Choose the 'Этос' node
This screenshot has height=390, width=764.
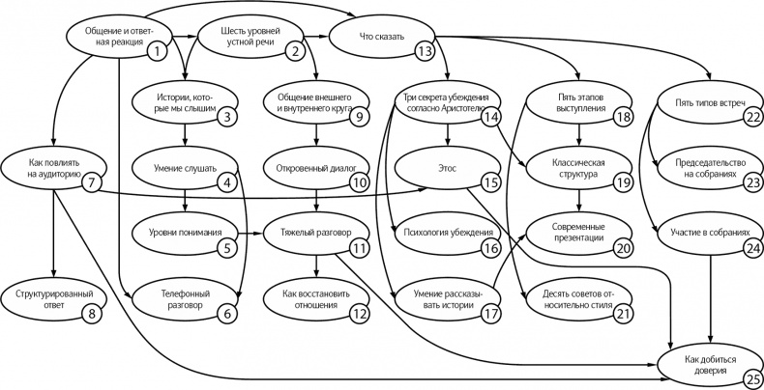(447, 166)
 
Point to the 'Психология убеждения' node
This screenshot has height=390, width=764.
(446, 232)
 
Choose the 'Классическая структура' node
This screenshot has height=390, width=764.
(577, 166)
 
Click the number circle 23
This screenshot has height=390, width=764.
(752, 181)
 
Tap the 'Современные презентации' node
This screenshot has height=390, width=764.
(577, 231)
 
